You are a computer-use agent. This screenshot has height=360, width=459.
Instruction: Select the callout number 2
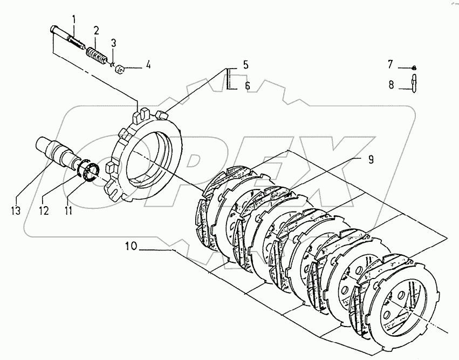click(x=95, y=30)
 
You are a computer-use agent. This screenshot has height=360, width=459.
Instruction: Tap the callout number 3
click(x=113, y=43)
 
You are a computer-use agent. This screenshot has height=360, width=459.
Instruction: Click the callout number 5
click(x=245, y=65)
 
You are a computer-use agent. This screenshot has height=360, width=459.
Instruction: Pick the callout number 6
click(x=247, y=85)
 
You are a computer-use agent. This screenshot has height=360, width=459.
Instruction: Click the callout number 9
click(x=371, y=160)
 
